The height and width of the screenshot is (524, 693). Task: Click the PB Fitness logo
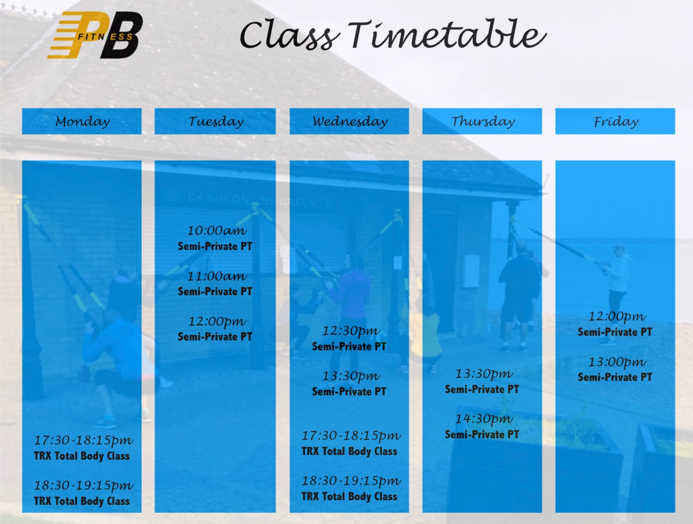[x=95, y=35]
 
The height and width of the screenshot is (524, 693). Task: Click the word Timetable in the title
[x=447, y=34]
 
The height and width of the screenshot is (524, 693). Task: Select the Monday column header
[x=82, y=121]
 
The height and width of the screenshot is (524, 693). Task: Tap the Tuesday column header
[x=215, y=121]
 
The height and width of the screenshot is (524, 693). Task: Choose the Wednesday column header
[x=349, y=121]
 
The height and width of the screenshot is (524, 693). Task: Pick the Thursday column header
[x=482, y=121]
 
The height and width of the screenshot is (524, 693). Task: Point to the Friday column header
[x=615, y=121]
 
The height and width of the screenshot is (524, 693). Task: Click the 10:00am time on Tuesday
[x=217, y=231]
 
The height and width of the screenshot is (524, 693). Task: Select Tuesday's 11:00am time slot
[x=217, y=276]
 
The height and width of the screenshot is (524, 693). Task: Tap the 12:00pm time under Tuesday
[x=217, y=322]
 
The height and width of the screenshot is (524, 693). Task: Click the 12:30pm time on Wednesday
[x=351, y=331]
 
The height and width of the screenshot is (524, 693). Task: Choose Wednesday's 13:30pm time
[x=351, y=376]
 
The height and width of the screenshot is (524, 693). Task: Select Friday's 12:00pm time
[x=617, y=317]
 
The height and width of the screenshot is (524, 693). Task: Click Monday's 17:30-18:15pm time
[x=83, y=441]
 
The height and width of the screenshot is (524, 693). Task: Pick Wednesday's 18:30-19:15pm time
[x=351, y=481]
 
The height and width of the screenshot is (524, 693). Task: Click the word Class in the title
[x=289, y=35]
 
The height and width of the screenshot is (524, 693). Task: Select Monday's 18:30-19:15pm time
[x=83, y=486]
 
